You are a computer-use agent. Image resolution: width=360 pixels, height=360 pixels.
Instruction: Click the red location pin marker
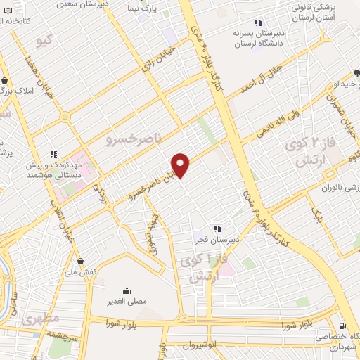click(x=181, y=165)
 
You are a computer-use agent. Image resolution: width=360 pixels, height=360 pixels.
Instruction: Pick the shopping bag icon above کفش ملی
click(x=81, y=260)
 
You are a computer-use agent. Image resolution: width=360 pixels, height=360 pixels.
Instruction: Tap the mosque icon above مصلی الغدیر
click(x=127, y=290)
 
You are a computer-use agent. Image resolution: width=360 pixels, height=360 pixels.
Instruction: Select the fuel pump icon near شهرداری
click(x=342, y=326)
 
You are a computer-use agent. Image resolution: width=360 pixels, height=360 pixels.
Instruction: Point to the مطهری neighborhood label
click(x=36, y=319)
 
